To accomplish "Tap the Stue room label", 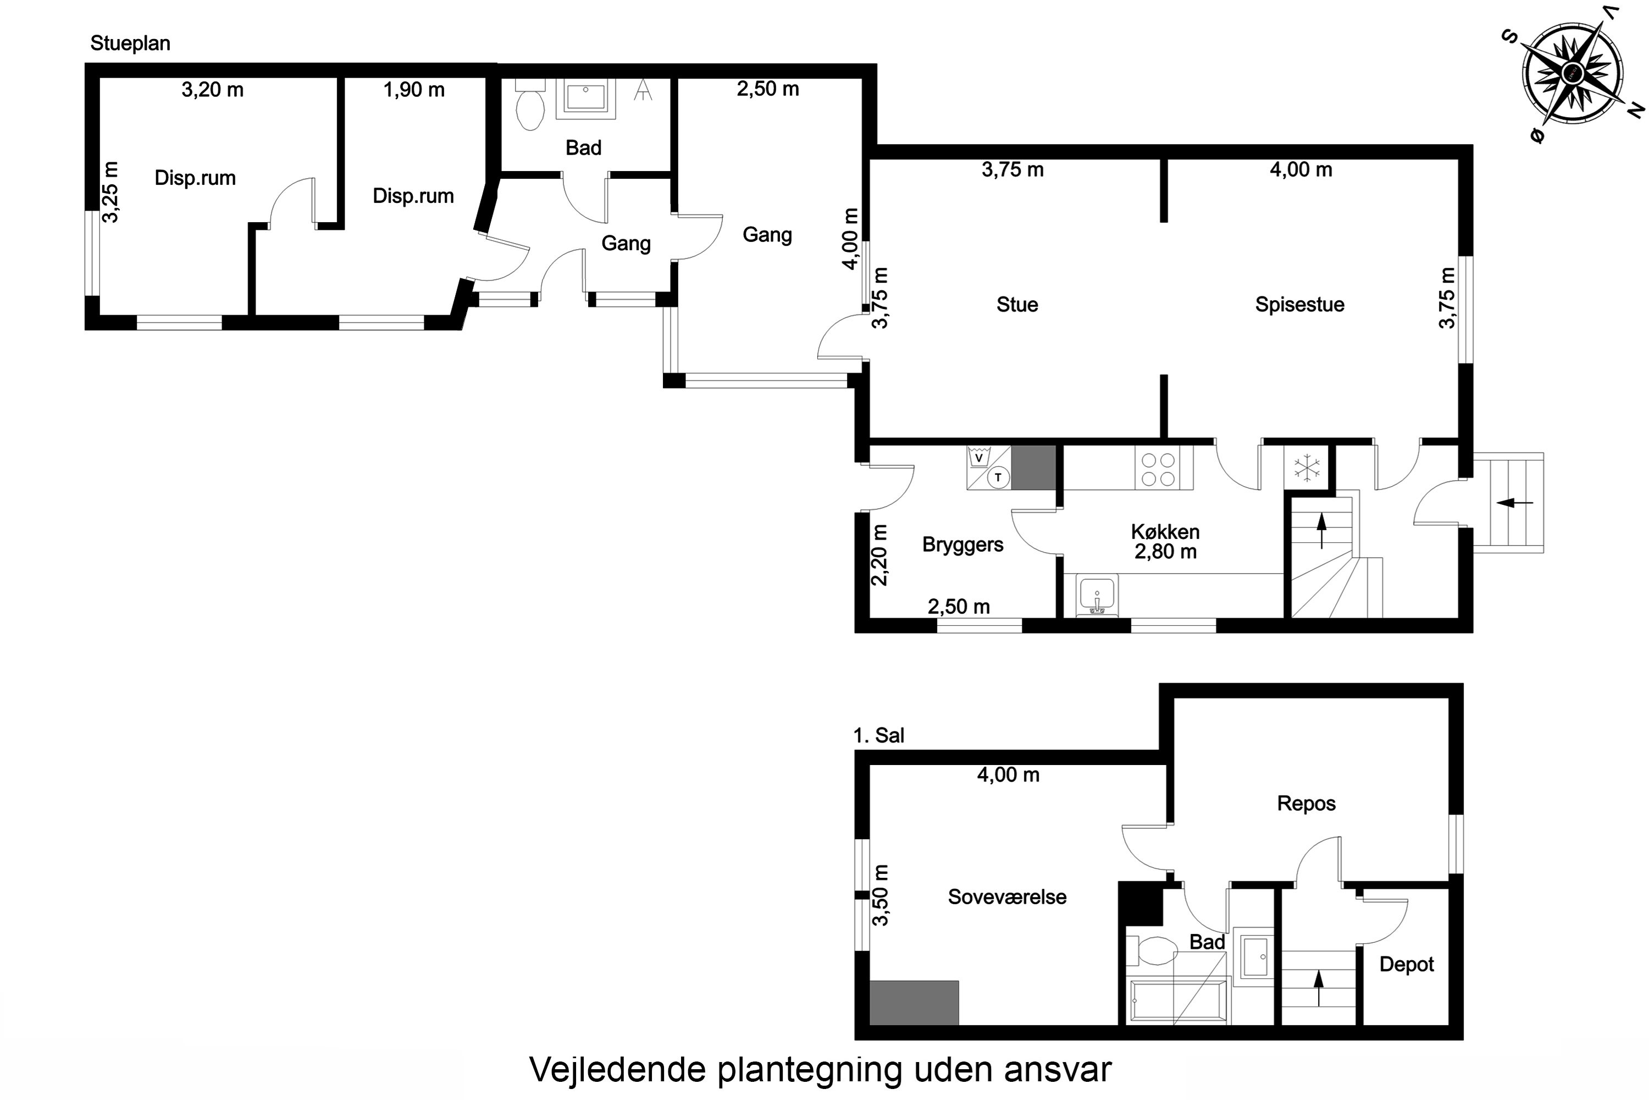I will click(1016, 305).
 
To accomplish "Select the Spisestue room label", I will click(1299, 305).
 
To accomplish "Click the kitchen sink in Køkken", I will click(1097, 597).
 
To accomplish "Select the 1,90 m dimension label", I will click(414, 90).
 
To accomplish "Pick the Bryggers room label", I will click(962, 544).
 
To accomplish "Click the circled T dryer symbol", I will click(998, 478).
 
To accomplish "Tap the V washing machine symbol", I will click(979, 458).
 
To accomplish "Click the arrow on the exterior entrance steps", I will click(1514, 502).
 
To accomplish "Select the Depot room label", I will click(1407, 964).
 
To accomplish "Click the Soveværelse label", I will click(1007, 897).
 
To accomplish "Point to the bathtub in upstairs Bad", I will click(1177, 1002).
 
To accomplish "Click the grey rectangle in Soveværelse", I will click(914, 1003).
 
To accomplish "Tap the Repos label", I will click(1306, 803).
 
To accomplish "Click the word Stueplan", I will click(130, 43).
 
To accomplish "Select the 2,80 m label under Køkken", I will click(1165, 552).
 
